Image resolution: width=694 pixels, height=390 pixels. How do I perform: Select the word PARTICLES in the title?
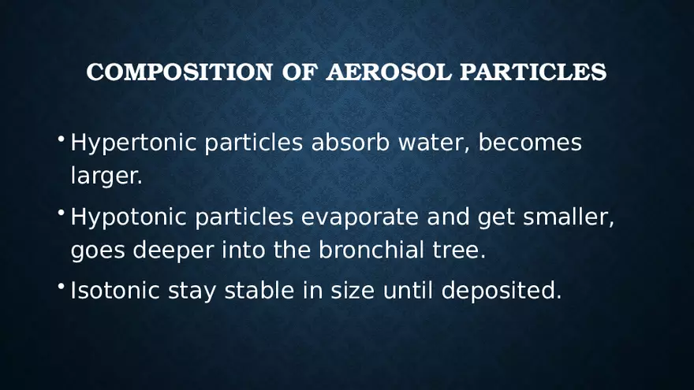click(x=533, y=72)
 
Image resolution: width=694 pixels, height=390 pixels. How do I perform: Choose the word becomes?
click(x=530, y=143)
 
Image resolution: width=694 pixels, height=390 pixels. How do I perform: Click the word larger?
click(x=106, y=177)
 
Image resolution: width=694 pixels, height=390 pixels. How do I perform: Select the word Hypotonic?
click(x=129, y=217)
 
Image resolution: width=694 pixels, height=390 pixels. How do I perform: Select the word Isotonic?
click(x=115, y=291)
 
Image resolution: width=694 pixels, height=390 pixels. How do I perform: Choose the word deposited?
click(x=502, y=292)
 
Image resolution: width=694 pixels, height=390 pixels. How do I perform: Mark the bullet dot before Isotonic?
click(x=62, y=288)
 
